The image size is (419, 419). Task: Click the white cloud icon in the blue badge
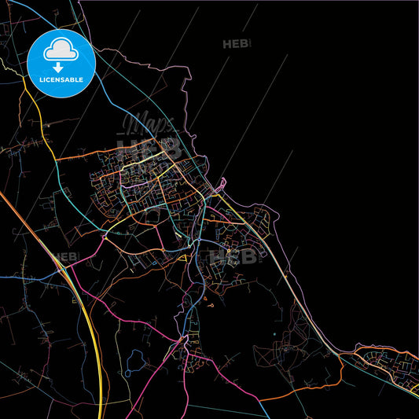coord(61,51)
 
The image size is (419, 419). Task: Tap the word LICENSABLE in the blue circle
coord(61,79)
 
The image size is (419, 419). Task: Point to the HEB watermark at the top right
coord(237,44)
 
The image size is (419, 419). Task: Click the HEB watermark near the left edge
coord(66,256)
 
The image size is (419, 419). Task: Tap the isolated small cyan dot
coord(274,333)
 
